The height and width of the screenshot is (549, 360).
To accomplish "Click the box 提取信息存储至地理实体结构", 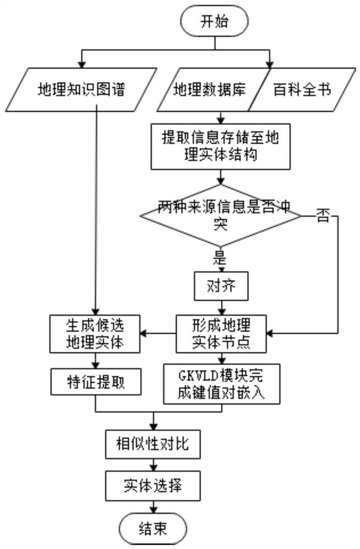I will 221,147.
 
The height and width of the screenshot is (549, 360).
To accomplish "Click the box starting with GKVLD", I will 221,383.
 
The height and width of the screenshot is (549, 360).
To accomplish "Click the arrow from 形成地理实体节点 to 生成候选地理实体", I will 159,332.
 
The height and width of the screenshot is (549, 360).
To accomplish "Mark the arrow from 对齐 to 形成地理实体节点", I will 220,306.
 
